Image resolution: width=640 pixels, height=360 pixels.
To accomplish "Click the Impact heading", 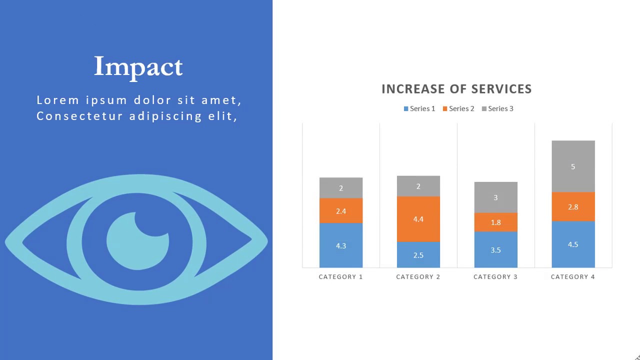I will coord(138,66).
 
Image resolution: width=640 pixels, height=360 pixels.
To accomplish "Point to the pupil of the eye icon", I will coord(137,241).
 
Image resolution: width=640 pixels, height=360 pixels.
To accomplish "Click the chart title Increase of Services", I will coord(456,89).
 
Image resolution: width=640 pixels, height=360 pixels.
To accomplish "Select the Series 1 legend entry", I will coord(419,108).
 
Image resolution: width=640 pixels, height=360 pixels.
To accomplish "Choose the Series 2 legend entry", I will coord(458,108).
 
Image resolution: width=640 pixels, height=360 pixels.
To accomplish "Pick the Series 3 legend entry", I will coord(497,108).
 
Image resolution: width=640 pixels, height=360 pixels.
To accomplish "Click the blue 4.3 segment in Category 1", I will coord(341,245).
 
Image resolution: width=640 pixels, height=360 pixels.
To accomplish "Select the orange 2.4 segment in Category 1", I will coord(341,211).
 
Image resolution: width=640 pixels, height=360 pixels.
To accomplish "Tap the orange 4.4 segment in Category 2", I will coord(418,219).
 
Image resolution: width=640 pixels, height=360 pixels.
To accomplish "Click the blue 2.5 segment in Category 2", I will coord(418,255).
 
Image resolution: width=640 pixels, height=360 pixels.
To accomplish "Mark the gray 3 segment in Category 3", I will coord(495,197).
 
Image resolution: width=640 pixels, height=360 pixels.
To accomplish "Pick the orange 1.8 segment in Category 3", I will coord(495,222).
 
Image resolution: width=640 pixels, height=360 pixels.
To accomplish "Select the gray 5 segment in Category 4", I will coord(573,166).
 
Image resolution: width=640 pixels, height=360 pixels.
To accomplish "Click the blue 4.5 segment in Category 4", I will coord(573,244).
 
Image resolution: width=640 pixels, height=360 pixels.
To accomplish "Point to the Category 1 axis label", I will coord(341,277).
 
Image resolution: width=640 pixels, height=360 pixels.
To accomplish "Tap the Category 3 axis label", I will coord(495,277).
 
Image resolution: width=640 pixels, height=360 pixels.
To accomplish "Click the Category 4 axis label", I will coord(573,277).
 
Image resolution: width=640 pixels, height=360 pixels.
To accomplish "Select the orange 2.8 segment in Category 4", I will coord(573,207).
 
